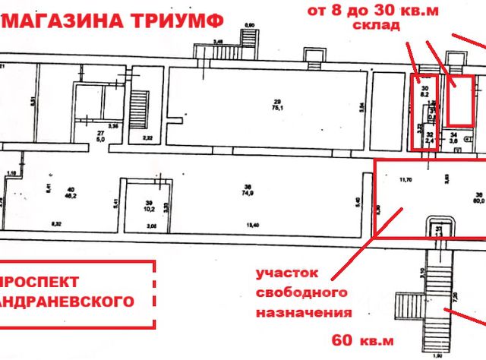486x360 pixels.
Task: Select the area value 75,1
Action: point(278,108)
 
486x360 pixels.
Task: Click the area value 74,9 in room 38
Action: point(248,194)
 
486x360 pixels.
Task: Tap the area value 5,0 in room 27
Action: point(100,139)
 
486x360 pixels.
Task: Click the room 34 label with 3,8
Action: point(453,137)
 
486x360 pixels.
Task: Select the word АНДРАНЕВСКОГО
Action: point(68,302)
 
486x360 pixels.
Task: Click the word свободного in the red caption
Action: point(302,292)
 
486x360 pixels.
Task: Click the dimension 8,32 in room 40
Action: point(55,226)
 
